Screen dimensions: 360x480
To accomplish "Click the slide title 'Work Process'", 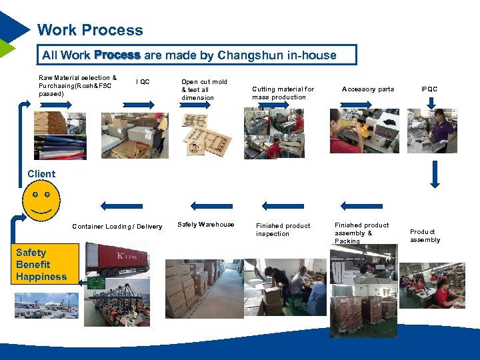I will (x=90, y=30).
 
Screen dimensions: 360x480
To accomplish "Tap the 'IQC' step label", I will (x=143, y=82).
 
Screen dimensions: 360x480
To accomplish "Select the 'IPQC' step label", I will (x=429, y=89).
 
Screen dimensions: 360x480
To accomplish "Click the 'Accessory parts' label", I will (x=367, y=89).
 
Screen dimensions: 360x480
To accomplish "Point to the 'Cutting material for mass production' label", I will (x=283, y=93).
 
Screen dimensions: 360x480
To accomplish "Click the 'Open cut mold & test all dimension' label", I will (x=204, y=89).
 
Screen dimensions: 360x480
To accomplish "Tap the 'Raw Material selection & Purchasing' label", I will (x=77, y=85).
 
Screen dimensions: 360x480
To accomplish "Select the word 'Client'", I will (x=41, y=174).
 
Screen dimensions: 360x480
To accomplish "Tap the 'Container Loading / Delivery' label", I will (x=117, y=227).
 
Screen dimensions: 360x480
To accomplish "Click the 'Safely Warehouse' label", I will (x=206, y=225).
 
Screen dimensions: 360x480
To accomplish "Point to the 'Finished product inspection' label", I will (x=283, y=229).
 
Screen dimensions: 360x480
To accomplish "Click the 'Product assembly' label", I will (x=425, y=236).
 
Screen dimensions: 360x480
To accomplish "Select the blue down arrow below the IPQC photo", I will (x=435, y=174).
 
